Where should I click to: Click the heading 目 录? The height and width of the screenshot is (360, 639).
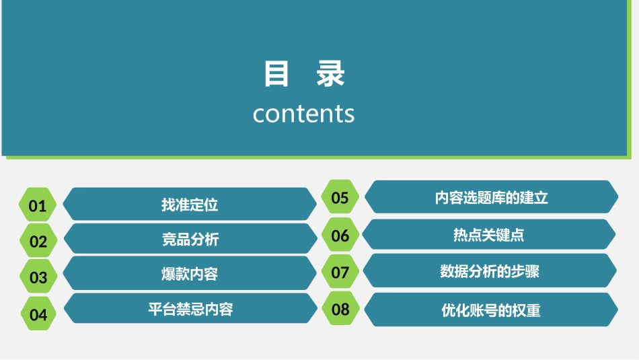[304, 74]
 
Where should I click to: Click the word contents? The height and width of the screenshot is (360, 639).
[303, 114]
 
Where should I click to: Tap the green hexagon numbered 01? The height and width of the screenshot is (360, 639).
[38, 205]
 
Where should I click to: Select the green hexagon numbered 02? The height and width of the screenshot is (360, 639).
[38, 242]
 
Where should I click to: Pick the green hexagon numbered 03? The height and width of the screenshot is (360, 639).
[38, 277]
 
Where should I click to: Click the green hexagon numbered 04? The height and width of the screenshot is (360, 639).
[38, 314]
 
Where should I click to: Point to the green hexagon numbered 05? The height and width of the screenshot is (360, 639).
[340, 197]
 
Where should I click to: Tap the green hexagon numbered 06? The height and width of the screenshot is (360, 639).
[340, 235]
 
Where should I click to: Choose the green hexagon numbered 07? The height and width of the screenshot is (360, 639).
[340, 272]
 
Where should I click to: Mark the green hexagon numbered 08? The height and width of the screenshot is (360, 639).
[340, 309]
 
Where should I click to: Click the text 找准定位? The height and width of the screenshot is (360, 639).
[190, 205]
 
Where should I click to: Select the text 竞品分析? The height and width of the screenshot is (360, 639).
[190, 239]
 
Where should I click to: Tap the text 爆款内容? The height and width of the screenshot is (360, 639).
[190, 274]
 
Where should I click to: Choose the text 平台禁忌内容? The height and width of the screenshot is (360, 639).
[190, 309]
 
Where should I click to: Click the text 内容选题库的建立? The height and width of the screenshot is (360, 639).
[491, 198]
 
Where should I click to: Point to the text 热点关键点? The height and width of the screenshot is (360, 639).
[488, 235]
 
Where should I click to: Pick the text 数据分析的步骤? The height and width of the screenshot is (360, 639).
[490, 271]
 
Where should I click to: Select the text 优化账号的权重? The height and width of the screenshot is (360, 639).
[491, 310]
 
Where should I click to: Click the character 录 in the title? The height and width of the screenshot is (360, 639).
[331, 74]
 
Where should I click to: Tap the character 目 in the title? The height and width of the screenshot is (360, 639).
[276, 74]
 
